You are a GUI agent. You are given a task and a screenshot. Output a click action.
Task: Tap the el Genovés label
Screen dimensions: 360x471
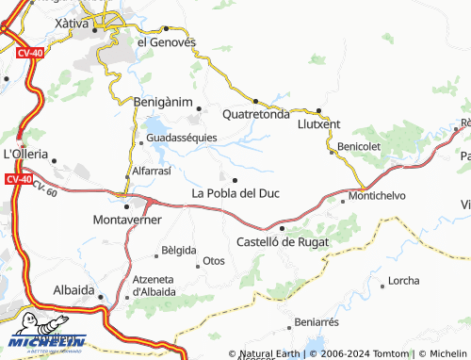pos(167,41)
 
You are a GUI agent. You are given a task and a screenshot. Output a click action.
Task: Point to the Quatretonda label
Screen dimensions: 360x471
pos(255,115)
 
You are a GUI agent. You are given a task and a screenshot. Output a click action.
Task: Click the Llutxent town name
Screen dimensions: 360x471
pos(318,123)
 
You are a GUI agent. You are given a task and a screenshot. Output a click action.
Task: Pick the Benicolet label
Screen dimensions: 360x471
pos(359,148)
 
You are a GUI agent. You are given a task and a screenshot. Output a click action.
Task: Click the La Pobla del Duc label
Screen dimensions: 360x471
pos(235,193)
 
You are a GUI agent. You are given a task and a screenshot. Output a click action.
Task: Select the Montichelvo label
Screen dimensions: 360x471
pos(377,195)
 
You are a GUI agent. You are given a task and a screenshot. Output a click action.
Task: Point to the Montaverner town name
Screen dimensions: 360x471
pos(128,220)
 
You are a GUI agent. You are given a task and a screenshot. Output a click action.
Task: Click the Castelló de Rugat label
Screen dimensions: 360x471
pos(283,240)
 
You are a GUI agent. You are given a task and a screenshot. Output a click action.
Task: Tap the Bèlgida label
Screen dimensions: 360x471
pos(179,251)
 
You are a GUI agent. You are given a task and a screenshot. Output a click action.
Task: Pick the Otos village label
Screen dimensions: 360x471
pos(214,260)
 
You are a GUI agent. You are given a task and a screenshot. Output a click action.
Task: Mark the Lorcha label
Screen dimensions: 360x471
pos(403,281)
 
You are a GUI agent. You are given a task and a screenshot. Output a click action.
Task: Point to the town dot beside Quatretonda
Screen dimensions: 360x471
pos(255,100)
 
